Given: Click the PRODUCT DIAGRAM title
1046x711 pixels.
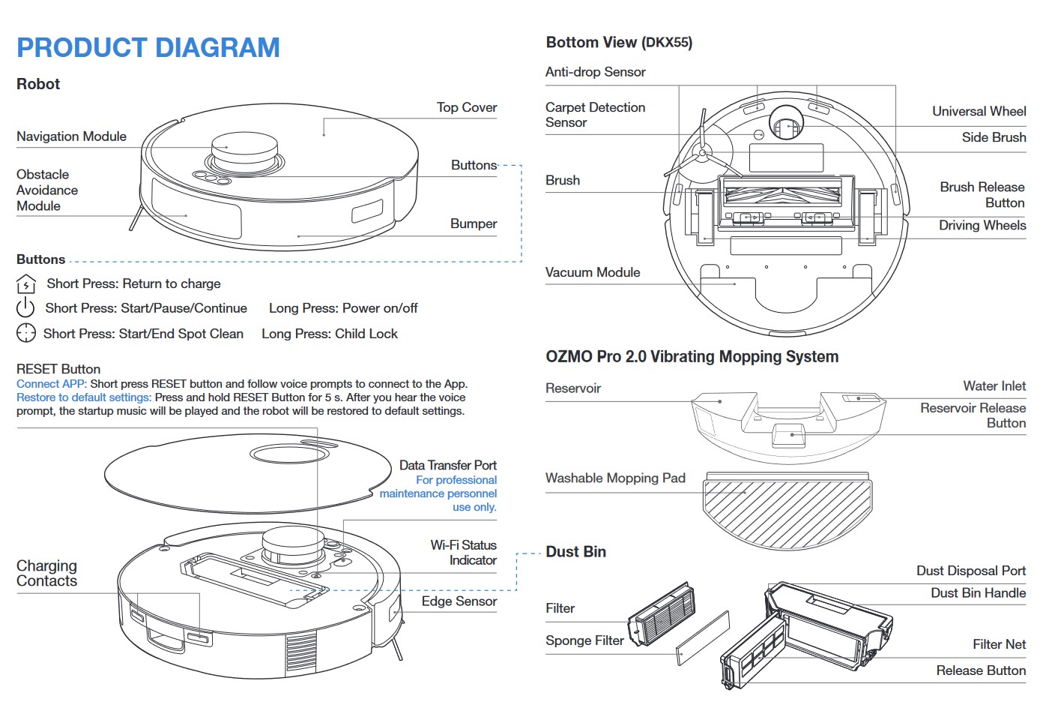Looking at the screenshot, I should point(148,48).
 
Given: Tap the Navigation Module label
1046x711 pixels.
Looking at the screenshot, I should point(71,136).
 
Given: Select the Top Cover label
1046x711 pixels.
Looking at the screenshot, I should point(466,107).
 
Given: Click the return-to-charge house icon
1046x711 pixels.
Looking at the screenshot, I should point(25,284).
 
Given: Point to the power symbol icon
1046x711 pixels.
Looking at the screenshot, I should point(25,307).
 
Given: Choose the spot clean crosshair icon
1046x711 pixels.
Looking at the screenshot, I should point(25,333).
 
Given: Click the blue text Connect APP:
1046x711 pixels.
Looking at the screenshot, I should point(52,384).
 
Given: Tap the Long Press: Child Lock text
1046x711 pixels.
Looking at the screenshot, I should point(329,334).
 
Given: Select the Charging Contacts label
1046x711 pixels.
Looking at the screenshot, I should point(46,573).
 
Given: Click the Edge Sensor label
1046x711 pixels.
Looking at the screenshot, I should point(459,601).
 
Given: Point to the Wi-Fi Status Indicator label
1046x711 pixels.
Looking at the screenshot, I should point(463,553).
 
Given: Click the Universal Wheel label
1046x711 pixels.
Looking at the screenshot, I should point(979,111).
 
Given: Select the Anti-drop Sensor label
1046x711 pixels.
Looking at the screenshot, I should point(595,72).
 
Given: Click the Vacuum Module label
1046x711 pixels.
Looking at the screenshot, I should point(592,272).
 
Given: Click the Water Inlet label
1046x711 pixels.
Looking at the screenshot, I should point(994,385).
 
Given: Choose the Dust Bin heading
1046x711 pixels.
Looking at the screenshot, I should point(575,552).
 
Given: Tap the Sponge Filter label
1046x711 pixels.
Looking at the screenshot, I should point(584,640).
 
